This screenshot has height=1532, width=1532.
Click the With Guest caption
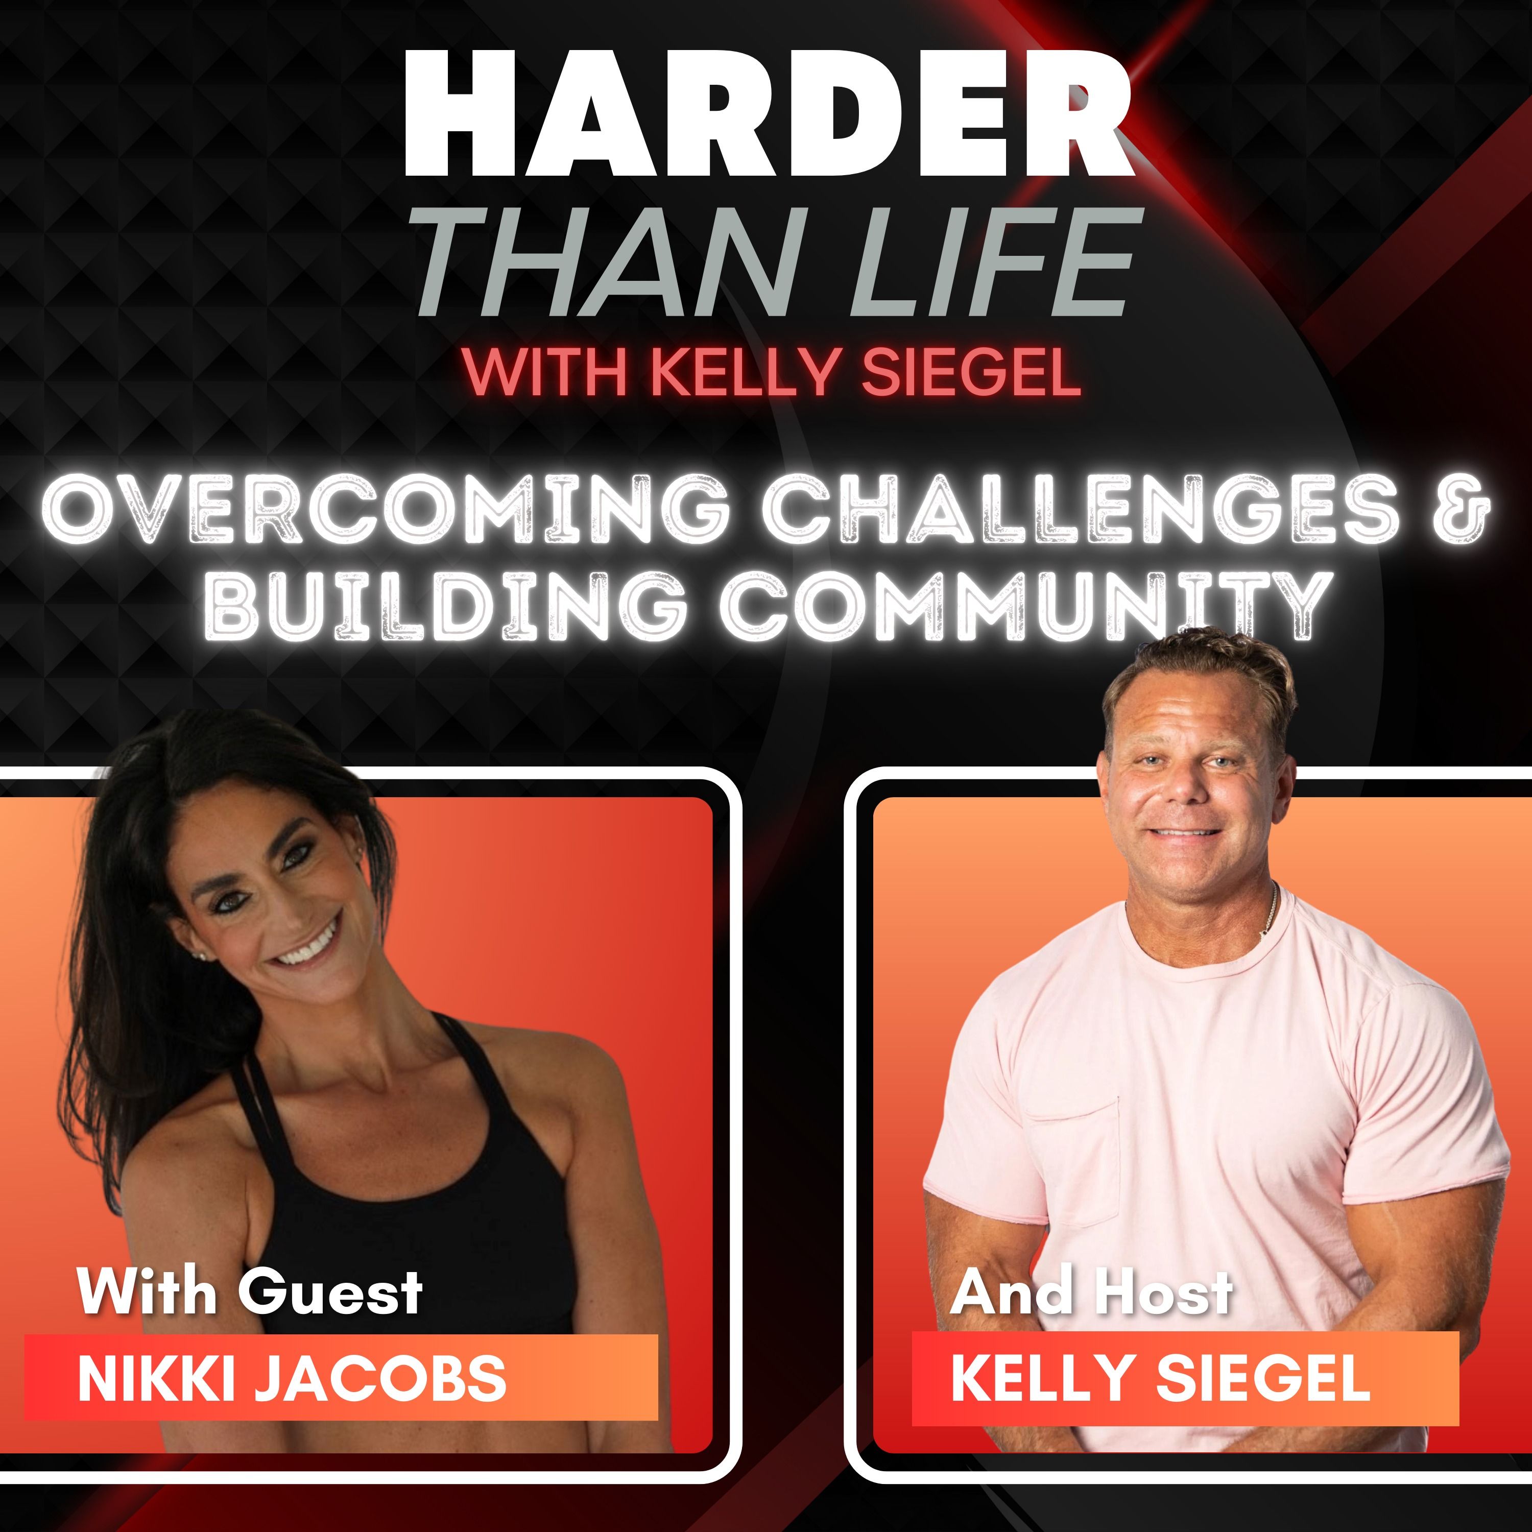point(250,1292)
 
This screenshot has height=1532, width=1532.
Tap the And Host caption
point(1091,1292)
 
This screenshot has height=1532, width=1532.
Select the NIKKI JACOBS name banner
point(341,1377)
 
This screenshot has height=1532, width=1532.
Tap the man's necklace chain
point(1272,912)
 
